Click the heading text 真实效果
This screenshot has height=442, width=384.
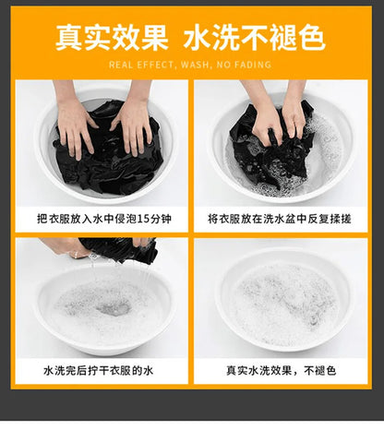click(x=112, y=38)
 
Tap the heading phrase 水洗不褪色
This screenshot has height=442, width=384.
click(x=255, y=38)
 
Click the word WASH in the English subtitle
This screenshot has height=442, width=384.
click(x=195, y=65)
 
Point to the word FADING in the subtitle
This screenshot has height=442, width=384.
click(x=252, y=65)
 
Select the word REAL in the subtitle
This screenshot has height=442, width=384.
click(x=121, y=65)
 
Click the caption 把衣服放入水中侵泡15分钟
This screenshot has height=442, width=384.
click(x=104, y=219)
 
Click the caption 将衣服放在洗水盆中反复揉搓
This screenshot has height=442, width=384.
click(x=280, y=219)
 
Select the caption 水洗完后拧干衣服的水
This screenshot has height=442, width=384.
click(x=99, y=370)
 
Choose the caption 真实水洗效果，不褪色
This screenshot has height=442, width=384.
click(x=281, y=370)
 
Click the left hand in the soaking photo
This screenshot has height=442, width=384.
click(x=74, y=123)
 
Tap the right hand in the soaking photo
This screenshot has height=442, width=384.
click(x=134, y=122)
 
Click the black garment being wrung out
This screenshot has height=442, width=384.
click(x=120, y=249)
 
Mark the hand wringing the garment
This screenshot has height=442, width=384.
click(x=66, y=246)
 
